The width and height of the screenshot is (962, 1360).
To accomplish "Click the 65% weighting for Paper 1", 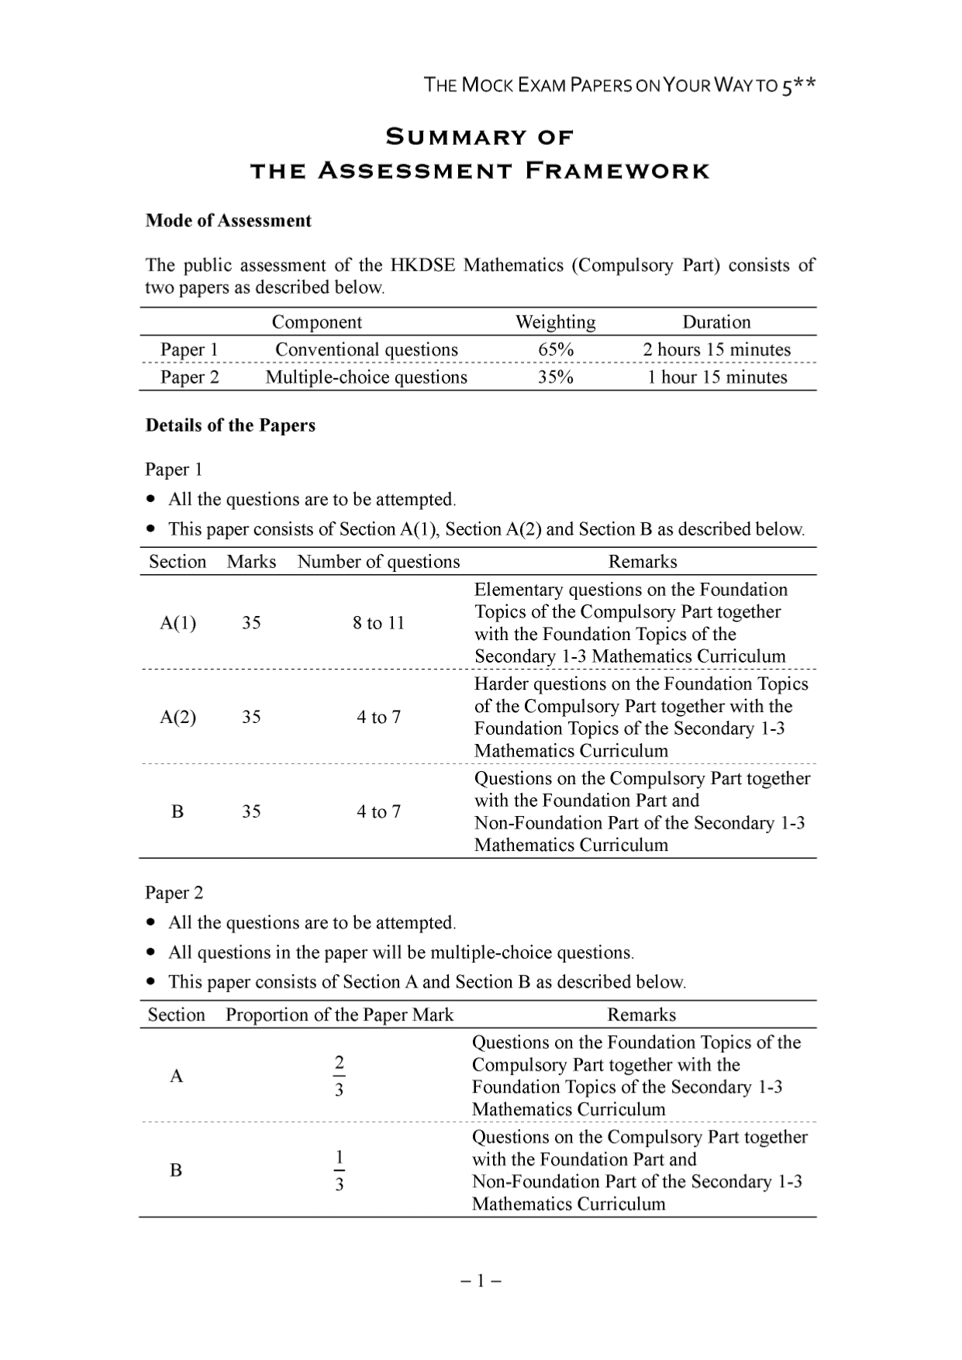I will [x=556, y=349].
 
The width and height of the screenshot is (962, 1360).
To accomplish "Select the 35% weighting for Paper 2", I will [x=556, y=377].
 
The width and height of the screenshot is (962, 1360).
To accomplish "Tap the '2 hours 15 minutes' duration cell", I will [x=716, y=349].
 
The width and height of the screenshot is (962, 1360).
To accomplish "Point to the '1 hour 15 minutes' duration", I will [x=717, y=377].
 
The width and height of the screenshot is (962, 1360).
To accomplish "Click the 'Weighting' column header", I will [x=556, y=322].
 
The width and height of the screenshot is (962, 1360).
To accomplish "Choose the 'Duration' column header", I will [x=716, y=322].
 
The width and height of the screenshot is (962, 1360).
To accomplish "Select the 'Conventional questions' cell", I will [x=367, y=349].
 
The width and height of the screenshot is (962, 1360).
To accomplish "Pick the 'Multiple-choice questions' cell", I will [x=367, y=377].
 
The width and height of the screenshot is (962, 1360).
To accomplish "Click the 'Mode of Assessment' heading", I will [x=228, y=221].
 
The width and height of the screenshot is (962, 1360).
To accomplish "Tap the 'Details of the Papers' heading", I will [x=230, y=425].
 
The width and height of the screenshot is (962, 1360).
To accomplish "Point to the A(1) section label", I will [x=178, y=623].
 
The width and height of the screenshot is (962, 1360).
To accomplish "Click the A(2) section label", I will [x=178, y=717].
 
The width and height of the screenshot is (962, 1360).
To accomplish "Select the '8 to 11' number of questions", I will [x=379, y=623].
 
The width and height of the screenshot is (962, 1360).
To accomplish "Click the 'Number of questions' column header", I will [x=378, y=562].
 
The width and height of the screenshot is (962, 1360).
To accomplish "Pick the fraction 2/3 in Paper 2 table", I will [x=339, y=1076].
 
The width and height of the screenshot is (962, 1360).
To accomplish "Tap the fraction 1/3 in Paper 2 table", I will [x=339, y=1170].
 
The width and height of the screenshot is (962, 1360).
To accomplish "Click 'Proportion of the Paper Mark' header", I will [x=340, y=1015].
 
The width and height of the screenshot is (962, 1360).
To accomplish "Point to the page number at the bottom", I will [x=481, y=1281].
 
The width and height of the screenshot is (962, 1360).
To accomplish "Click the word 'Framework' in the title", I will [x=617, y=171].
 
